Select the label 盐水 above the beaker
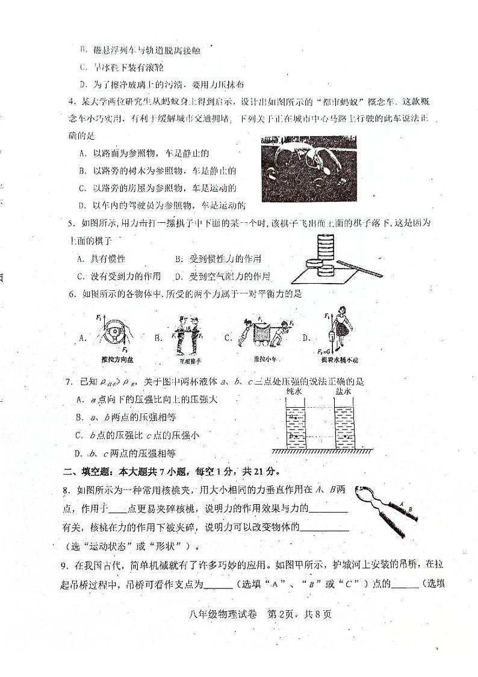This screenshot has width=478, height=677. (x=344, y=392)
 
